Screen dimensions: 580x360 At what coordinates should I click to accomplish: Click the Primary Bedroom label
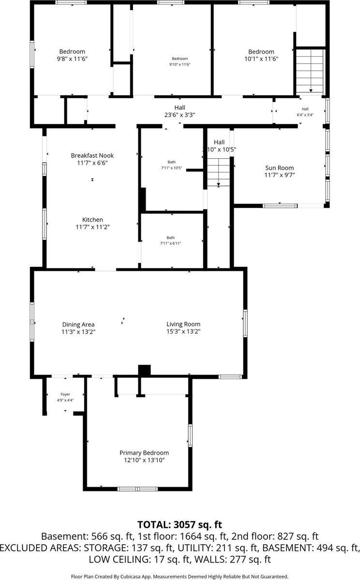[x=144, y=453]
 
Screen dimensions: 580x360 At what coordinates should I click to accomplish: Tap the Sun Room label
[x=280, y=168]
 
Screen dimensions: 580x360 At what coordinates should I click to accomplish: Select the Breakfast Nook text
[x=92, y=155]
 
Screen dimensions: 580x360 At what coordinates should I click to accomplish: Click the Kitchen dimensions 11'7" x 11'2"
[x=92, y=227]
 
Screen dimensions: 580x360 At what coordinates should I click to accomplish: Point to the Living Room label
[x=183, y=324]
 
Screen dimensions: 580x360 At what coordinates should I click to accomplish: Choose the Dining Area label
[x=78, y=324]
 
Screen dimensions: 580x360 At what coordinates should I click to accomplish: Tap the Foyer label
[x=65, y=394]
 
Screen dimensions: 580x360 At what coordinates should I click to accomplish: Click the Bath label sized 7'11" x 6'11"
[x=171, y=238]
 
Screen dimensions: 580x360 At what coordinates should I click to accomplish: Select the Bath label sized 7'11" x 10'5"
[x=172, y=162]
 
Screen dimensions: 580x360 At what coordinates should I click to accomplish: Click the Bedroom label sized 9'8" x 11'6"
[x=72, y=52]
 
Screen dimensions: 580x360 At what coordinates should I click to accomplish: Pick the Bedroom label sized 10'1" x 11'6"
[x=261, y=52]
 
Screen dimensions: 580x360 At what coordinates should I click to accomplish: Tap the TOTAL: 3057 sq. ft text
[x=180, y=524]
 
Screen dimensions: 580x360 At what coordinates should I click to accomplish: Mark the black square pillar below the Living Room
[x=144, y=370]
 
